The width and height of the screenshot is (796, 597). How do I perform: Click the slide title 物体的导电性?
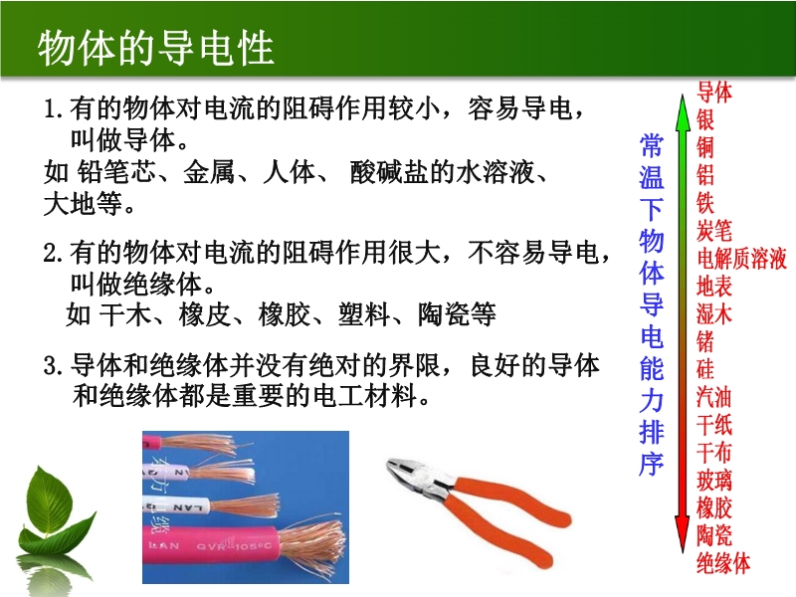click(156, 48)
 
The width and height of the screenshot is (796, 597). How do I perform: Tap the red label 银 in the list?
click(705, 119)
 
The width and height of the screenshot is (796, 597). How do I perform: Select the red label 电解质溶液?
click(741, 259)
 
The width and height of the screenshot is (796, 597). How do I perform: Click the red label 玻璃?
click(714, 481)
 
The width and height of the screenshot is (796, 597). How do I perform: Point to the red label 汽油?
click(714, 397)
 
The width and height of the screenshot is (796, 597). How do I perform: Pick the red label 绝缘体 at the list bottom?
click(723, 563)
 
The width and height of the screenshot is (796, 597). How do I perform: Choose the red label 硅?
click(705, 369)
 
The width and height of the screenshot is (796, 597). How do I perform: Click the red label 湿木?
click(714, 314)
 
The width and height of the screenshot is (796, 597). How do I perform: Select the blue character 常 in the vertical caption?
click(652, 145)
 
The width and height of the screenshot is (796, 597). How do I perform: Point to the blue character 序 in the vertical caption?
click(652, 463)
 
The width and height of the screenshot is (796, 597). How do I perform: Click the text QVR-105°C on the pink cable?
click(234, 546)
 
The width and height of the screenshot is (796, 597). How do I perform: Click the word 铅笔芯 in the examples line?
click(116, 172)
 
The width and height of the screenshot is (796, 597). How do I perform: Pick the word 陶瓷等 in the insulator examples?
click(457, 314)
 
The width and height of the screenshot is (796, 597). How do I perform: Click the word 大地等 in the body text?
click(84, 204)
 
